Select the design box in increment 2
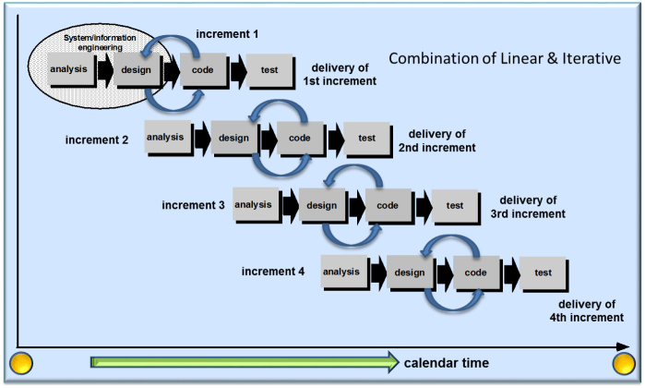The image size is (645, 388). pos(233,138)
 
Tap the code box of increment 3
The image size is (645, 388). pos(388,205)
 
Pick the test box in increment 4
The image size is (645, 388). pos(543,273)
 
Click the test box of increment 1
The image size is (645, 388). pos(270,71)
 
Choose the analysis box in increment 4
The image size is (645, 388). pos(343,272)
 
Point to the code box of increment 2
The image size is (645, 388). pos(300,138)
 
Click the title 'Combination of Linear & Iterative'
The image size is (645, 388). pos(504,59)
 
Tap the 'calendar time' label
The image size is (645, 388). pos(446,362)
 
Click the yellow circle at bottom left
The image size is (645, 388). pos(20,363)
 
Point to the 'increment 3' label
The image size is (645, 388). pos(193,205)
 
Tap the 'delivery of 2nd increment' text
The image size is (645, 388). pos(436,140)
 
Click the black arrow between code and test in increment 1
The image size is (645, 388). pos(237,71)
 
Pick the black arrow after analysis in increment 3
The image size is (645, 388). pos(290,205)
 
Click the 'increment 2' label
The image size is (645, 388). pos(97,140)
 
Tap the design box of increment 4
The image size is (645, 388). pos(410,273)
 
